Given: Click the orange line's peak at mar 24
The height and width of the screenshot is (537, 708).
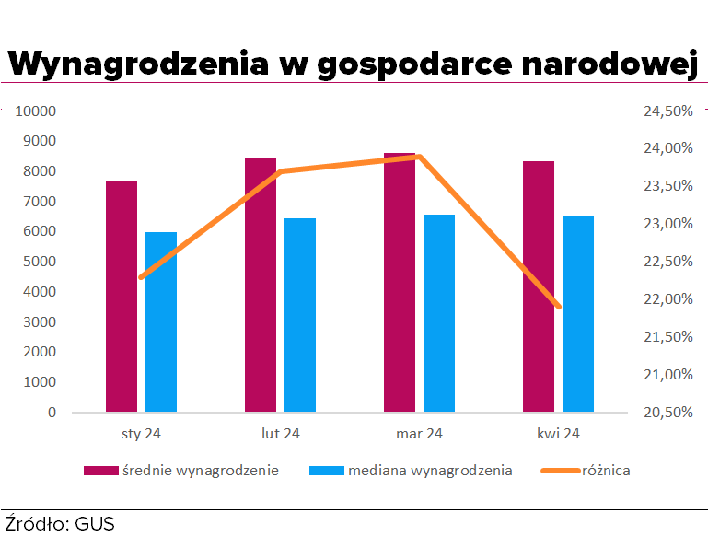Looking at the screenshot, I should [x=419, y=157].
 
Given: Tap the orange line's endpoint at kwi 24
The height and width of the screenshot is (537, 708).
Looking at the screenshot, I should [x=558, y=306].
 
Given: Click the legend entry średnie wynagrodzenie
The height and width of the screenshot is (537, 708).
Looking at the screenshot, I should [x=201, y=471].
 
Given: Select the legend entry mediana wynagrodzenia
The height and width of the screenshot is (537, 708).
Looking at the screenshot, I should [x=430, y=471].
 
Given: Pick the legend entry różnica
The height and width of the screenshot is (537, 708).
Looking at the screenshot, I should [x=605, y=471].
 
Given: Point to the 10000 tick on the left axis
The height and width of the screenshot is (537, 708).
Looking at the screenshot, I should [x=38, y=111].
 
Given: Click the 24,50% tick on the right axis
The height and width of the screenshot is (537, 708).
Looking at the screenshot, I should [x=667, y=111].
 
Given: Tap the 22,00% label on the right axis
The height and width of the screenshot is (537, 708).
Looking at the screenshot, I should [x=667, y=299].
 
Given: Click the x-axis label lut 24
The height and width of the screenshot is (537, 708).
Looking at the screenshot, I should [x=280, y=432].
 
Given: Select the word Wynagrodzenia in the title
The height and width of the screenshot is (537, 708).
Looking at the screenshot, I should [x=136, y=64].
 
